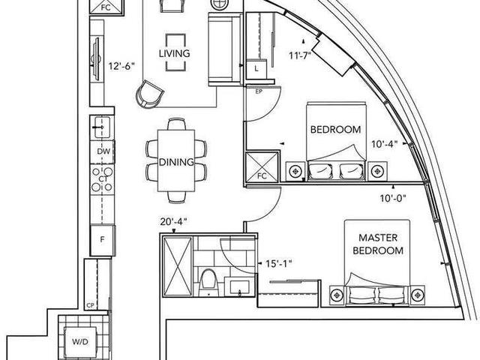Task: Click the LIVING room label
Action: (174, 53)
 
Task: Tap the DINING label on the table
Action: (176, 162)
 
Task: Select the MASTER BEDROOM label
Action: (378, 244)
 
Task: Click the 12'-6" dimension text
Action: (121, 66)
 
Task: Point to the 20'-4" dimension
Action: (173, 221)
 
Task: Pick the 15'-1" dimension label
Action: (279, 263)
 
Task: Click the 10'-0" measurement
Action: (393, 198)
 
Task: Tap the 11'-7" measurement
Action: (300, 55)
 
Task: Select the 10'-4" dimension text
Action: (385, 144)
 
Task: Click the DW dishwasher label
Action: (103, 151)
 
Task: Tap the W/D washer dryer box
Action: (80, 342)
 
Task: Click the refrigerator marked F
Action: (103, 240)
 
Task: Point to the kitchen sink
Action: (102, 127)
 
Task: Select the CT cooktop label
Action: (103, 178)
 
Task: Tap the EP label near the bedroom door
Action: (259, 91)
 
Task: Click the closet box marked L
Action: (256, 68)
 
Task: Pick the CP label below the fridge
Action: (90, 305)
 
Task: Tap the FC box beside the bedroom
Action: (262, 166)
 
